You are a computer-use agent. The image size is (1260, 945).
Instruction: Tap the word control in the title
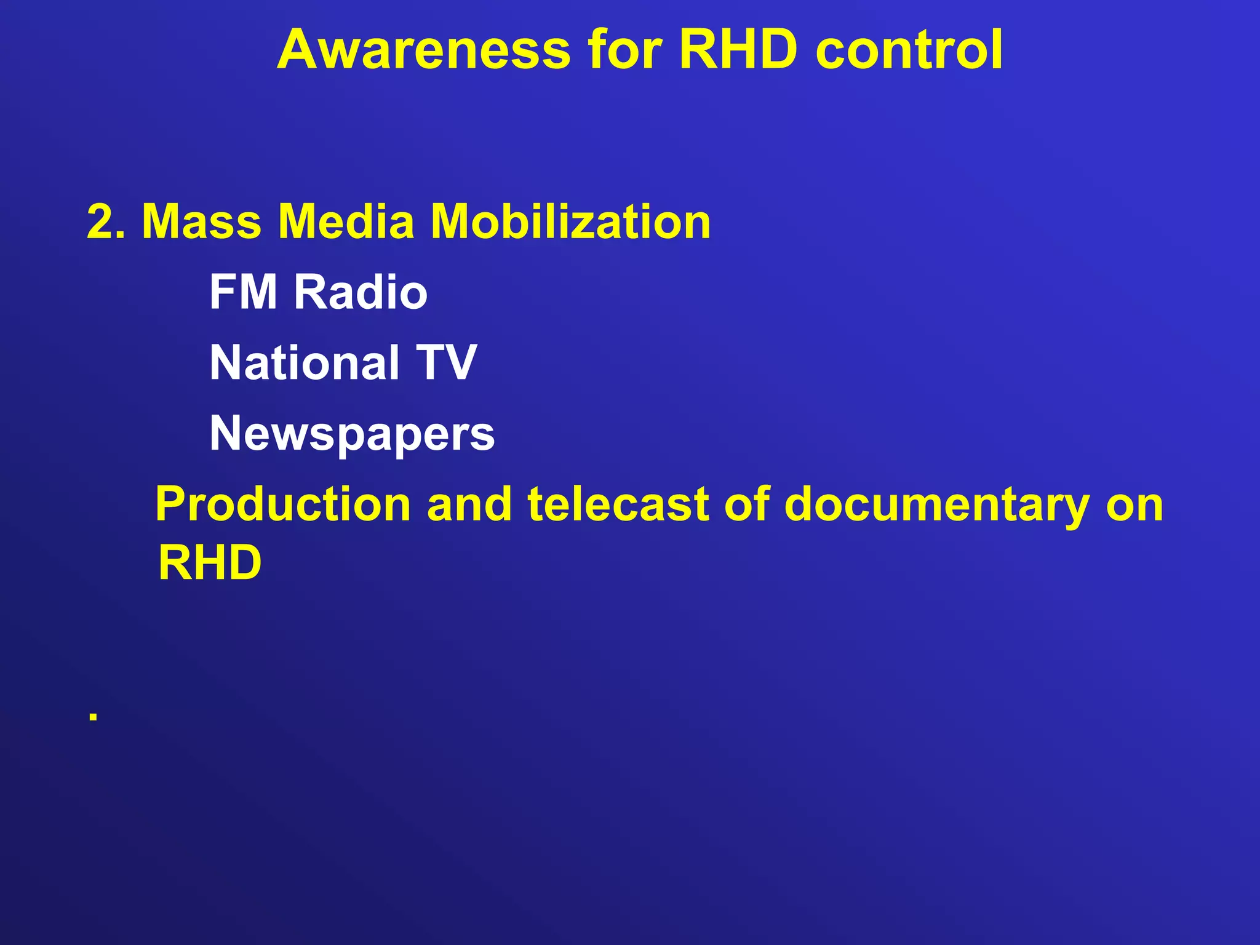909,49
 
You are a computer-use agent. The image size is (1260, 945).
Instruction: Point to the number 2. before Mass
106,221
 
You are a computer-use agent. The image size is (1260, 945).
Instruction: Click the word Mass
202,221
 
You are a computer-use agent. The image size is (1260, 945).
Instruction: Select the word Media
346,221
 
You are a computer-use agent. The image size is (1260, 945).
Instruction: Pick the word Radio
361,292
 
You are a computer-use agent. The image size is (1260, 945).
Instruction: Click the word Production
283,504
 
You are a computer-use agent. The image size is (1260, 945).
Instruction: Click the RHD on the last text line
210,562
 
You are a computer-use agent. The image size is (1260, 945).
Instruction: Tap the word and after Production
469,504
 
